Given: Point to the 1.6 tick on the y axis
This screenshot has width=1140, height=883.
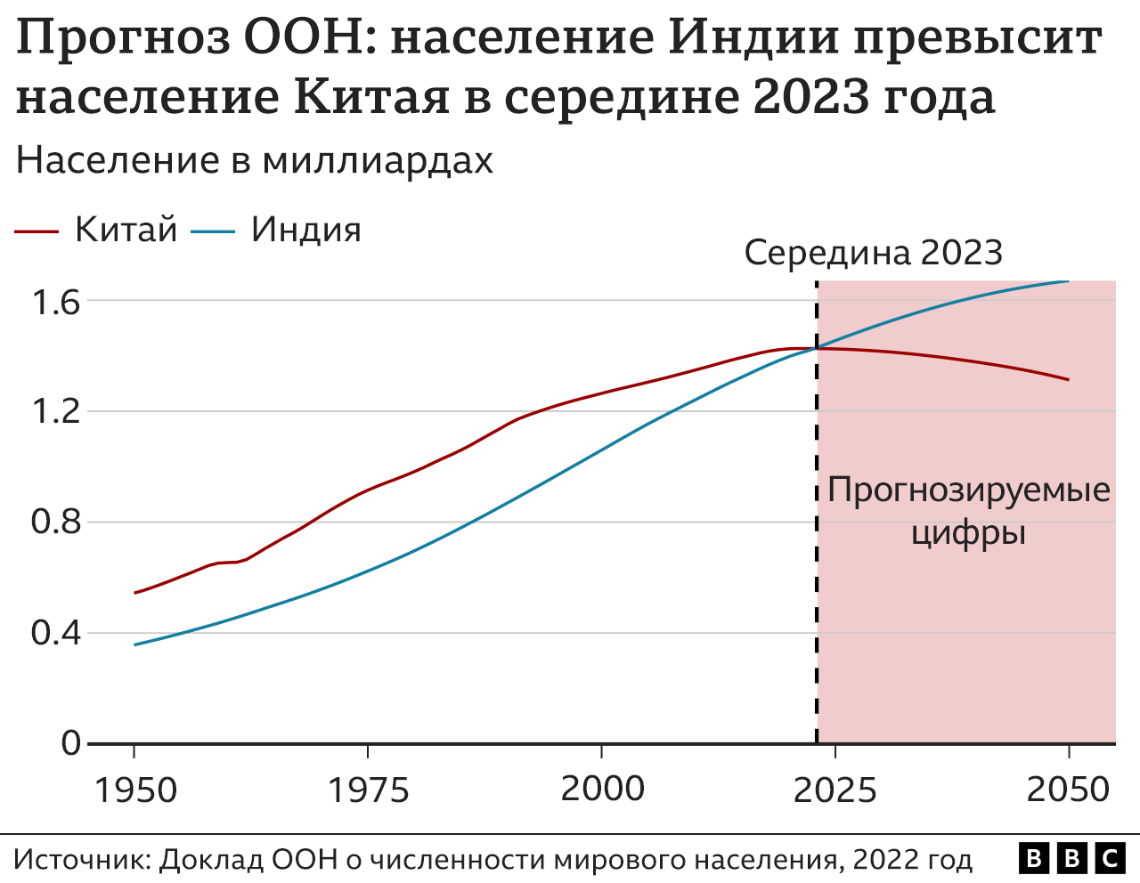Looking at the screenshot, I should click(x=56, y=303).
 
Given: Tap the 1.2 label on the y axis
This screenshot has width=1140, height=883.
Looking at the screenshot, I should click(x=56, y=412).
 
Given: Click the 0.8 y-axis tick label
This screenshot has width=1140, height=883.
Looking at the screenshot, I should click(x=56, y=523).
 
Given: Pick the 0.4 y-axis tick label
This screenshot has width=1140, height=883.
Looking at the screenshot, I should click(x=56, y=633).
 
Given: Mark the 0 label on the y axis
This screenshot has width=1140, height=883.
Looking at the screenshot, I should click(x=70, y=743).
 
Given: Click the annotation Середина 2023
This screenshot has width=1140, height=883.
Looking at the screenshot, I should click(x=874, y=254).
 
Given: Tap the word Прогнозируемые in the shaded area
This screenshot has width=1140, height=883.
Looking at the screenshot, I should click(x=969, y=490).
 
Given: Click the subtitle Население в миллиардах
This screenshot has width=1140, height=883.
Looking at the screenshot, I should click(x=255, y=161).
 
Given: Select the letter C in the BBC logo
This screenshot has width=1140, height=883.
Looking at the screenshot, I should click(x=1109, y=859).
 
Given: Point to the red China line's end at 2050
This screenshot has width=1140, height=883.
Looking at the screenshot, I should click(x=1068, y=379).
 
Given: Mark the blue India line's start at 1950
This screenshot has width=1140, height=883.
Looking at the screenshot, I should click(x=135, y=644).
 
